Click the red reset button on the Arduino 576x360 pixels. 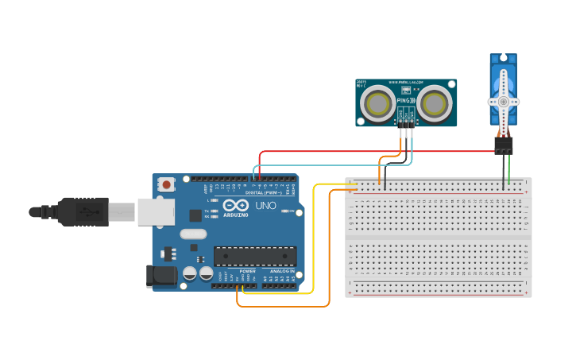click(167, 184)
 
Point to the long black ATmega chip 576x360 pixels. click(254, 256)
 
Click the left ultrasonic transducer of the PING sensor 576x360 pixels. click(377, 103)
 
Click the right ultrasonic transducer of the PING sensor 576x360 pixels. click(435, 103)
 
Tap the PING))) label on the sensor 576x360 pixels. click(406, 99)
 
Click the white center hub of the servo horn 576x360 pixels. click(503, 102)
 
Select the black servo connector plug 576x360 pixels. click(503, 145)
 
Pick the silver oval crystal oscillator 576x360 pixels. click(193, 234)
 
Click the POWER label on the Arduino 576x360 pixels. click(248, 271)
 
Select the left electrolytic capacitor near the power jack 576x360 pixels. click(190, 273)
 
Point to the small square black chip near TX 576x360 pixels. click(195, 215)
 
